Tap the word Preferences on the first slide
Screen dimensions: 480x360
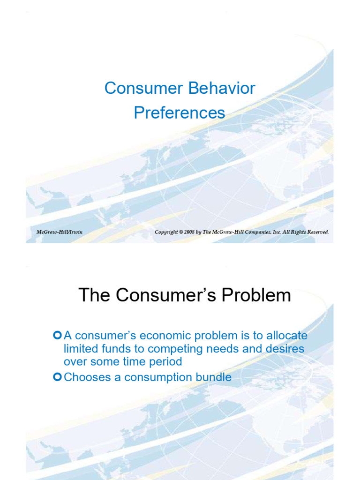click(x=180, y=113)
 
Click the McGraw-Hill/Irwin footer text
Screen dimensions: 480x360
click(x=60, y=232)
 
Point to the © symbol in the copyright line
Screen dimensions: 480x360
click(x=181, y=232)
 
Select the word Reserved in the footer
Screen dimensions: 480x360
click(x=316, y=232)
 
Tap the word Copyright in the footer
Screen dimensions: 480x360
click(x=166, y=232)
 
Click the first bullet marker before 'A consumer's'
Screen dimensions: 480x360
click(x=58, y=335)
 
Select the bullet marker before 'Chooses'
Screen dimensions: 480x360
click(x=58, y=377)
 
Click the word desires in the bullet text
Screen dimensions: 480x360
click(x=285, y=349)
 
